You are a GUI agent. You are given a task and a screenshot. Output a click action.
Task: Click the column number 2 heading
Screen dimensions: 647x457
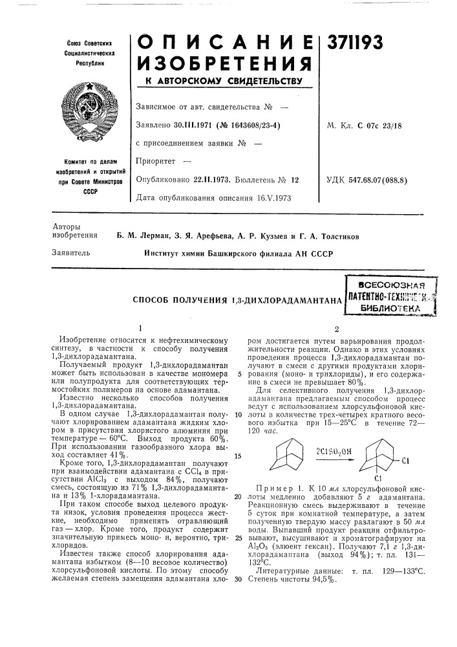tap(336, 329)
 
